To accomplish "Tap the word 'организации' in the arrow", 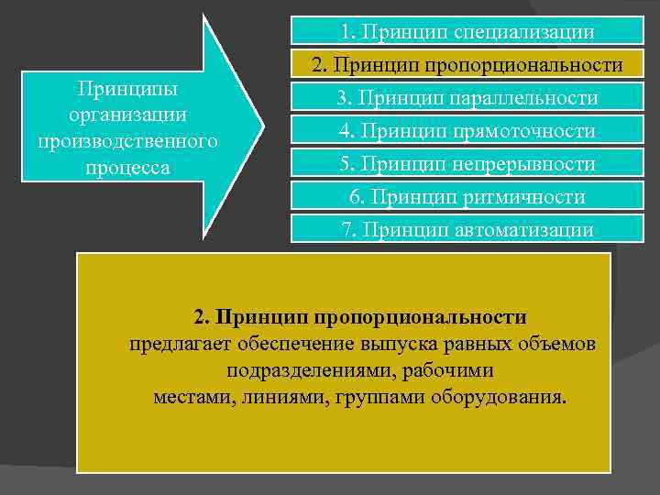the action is (x=127, y=115).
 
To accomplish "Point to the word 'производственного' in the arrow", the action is (x=127, y=142).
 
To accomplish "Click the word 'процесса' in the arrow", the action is (x=127, y=169).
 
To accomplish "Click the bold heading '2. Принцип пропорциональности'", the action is (x=360, y=317).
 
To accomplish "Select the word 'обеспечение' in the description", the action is (x=290, y=345).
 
